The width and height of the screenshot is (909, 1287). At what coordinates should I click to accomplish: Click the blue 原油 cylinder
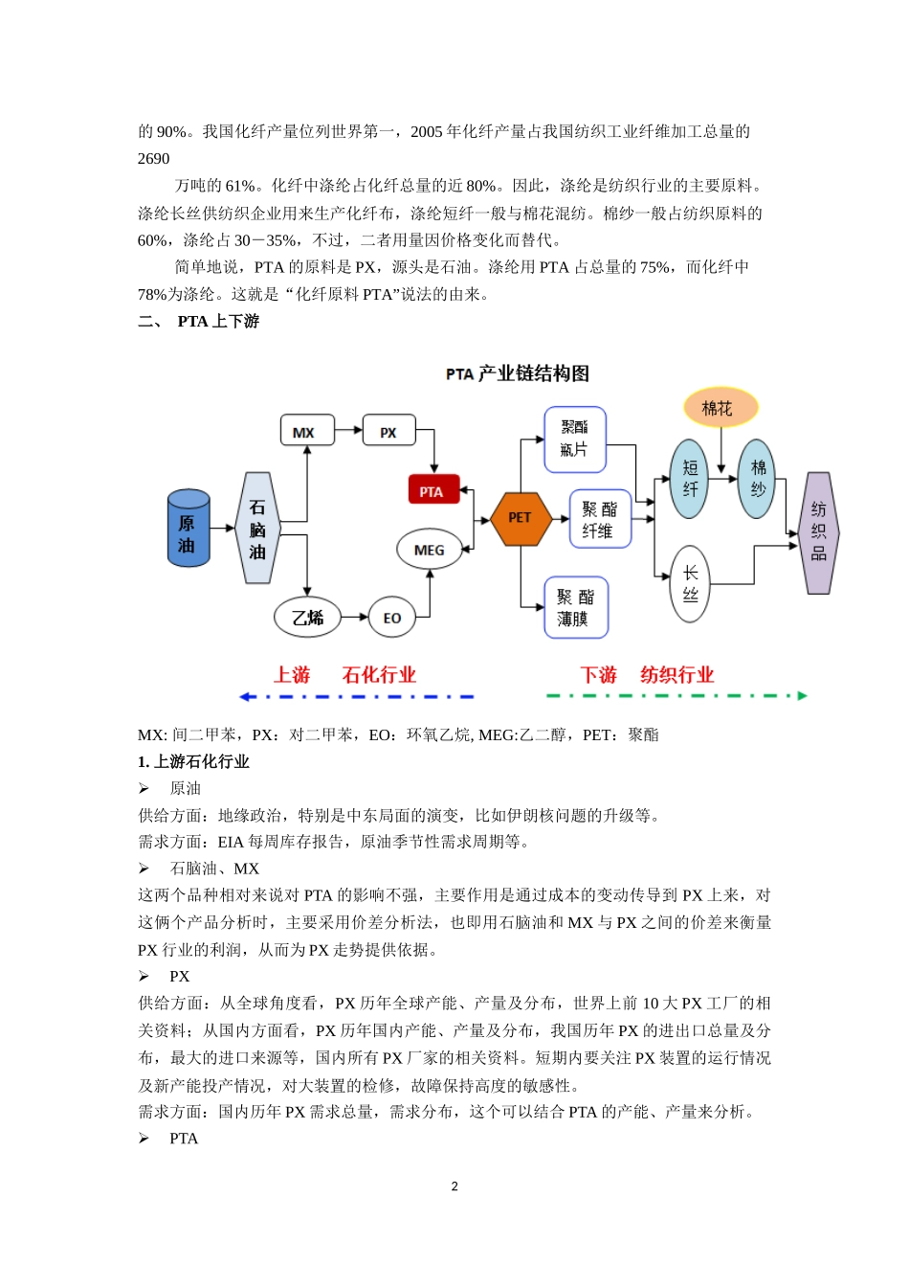(x=188, y=528)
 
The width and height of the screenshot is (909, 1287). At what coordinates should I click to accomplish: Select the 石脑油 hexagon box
(x=257, y=529)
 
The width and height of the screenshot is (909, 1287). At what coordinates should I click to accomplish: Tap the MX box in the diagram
(x=306, y=431)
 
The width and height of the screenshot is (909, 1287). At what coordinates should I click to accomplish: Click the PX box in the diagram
(x=389, y=431)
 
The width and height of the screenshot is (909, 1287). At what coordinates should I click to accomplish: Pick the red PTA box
(x=432, y=491)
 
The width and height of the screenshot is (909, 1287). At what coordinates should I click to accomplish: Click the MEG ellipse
(x=430, y=550)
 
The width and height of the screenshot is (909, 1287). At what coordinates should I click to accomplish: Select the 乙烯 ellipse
(x=308, y=618)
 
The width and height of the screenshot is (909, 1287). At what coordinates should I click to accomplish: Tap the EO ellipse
(x=392, y=618)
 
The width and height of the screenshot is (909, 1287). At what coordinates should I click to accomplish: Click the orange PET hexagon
(x=520, y=518)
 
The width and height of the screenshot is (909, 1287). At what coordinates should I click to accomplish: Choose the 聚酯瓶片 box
(x=575, y=440)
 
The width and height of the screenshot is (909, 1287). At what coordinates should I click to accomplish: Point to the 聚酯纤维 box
(x=600, y=519)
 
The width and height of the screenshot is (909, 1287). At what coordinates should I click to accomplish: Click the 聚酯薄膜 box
(x=576, y=607)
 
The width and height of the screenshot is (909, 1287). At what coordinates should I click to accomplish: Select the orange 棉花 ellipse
(x=720, y=407)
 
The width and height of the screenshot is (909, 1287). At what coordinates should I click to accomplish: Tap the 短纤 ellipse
(x=690, y=479)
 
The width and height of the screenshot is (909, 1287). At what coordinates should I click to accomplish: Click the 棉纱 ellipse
(x=757, y=479)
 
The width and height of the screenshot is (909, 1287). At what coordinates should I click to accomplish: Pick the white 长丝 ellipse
(x=690, y=583)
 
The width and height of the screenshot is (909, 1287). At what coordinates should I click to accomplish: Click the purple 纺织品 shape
(x=818, y=532)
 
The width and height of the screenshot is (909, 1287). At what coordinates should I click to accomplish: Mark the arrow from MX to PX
(x=348, y=431)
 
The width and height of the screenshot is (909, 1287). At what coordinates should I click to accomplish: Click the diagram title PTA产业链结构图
(x=517, y=373)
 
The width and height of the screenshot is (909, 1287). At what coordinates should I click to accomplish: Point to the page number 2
(x=454, y=1186)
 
